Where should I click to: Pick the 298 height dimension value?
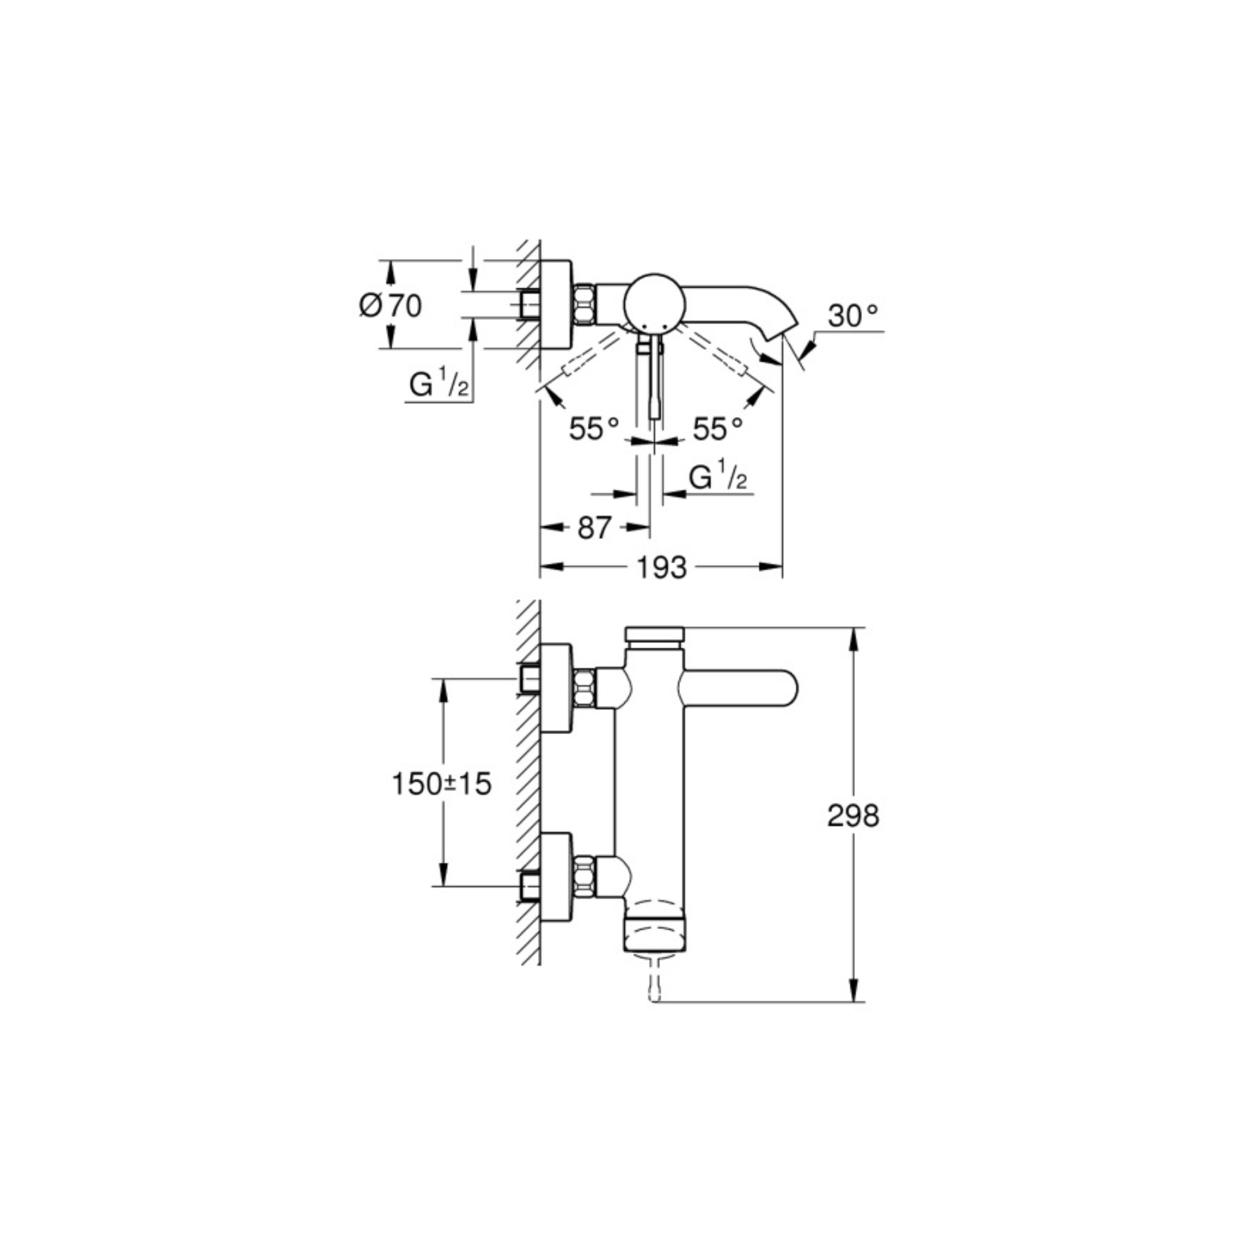(x=853, y=816)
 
